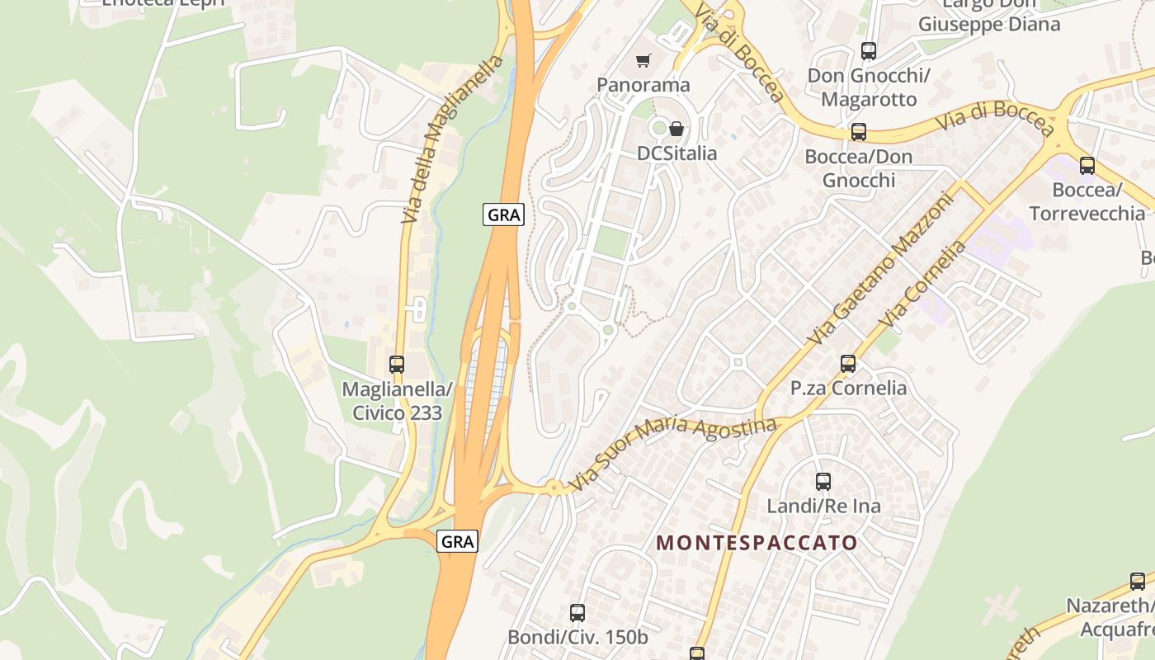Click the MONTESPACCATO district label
tap(757, 543)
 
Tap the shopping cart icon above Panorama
tap(643, 60)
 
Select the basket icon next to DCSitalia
tap(676, 129)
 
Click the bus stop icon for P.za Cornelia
tap(847, 364)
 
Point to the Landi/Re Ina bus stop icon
tap(823, 482)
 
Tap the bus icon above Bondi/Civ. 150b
tap(577, 613)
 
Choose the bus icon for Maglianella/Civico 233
tap(397, 365)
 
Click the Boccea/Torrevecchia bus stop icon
tap(1087, 166)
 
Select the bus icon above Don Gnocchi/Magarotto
tap(868, 51)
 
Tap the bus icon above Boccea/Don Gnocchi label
tap(858, 132)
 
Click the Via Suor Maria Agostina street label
tap(673, 454)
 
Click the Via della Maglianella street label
tap(452, 140)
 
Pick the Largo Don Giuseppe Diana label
tap(988, 15)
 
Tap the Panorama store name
tap(643, 85)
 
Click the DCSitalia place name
tap(676, 153)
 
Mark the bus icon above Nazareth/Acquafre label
tap(1137, 582)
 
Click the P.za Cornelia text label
tap(848, 388)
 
